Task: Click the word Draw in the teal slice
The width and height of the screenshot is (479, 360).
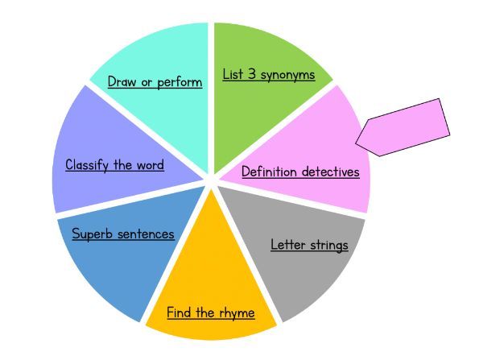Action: coord(122,81)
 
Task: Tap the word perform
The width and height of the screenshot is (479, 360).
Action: coord(180,82)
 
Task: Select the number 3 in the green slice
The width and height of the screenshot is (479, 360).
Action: coord(252,74)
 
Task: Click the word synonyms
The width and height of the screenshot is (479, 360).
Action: coord(287,75)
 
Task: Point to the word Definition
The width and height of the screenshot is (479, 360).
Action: coord(269,172)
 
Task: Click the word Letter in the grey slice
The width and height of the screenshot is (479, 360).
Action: coord(287,245)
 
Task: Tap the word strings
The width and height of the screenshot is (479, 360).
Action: coord(328,246)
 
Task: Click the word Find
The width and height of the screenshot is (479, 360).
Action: coord(179,312)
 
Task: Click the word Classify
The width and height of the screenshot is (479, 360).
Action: coord(87,165)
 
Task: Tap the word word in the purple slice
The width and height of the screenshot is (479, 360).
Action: coord(150,165)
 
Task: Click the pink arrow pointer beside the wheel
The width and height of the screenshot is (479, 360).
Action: coord(403,127)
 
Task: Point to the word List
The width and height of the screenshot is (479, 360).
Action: coord(233,74)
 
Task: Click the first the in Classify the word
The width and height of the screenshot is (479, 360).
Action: coord(122,165)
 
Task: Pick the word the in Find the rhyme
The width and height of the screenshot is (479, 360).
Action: coord(205,312)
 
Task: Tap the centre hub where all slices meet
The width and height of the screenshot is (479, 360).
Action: coord(211,180)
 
